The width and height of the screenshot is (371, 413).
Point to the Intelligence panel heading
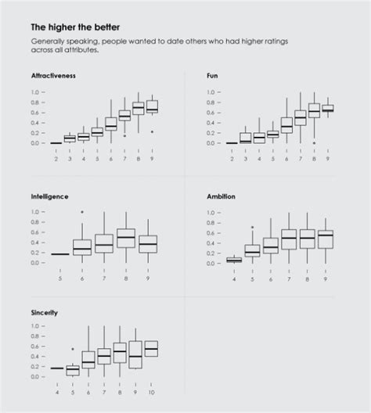pyautogui.click(x=49, y=196)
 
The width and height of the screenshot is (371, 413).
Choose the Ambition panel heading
pyautogui.click(x=222, y=196)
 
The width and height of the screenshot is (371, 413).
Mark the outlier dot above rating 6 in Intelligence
pyautogui.click(x=82, y=212)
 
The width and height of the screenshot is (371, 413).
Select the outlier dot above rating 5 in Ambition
pyautogui.click(x=251, y=228)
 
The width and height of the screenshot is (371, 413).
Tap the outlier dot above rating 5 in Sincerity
pyautogui.click(x=73, y=349)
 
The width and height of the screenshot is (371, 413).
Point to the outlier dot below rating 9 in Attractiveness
pyautogui.click(x=152, y=131)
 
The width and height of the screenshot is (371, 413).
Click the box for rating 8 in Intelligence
pyautogui.click(x=125, y=238)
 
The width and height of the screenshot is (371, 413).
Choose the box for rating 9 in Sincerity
pyautogui.click(x=135, y=354)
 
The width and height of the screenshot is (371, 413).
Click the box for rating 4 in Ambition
pyautogui.click(x=234, y=260)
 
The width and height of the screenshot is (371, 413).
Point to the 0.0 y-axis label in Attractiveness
pyautogui.click(x=35, y=143)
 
